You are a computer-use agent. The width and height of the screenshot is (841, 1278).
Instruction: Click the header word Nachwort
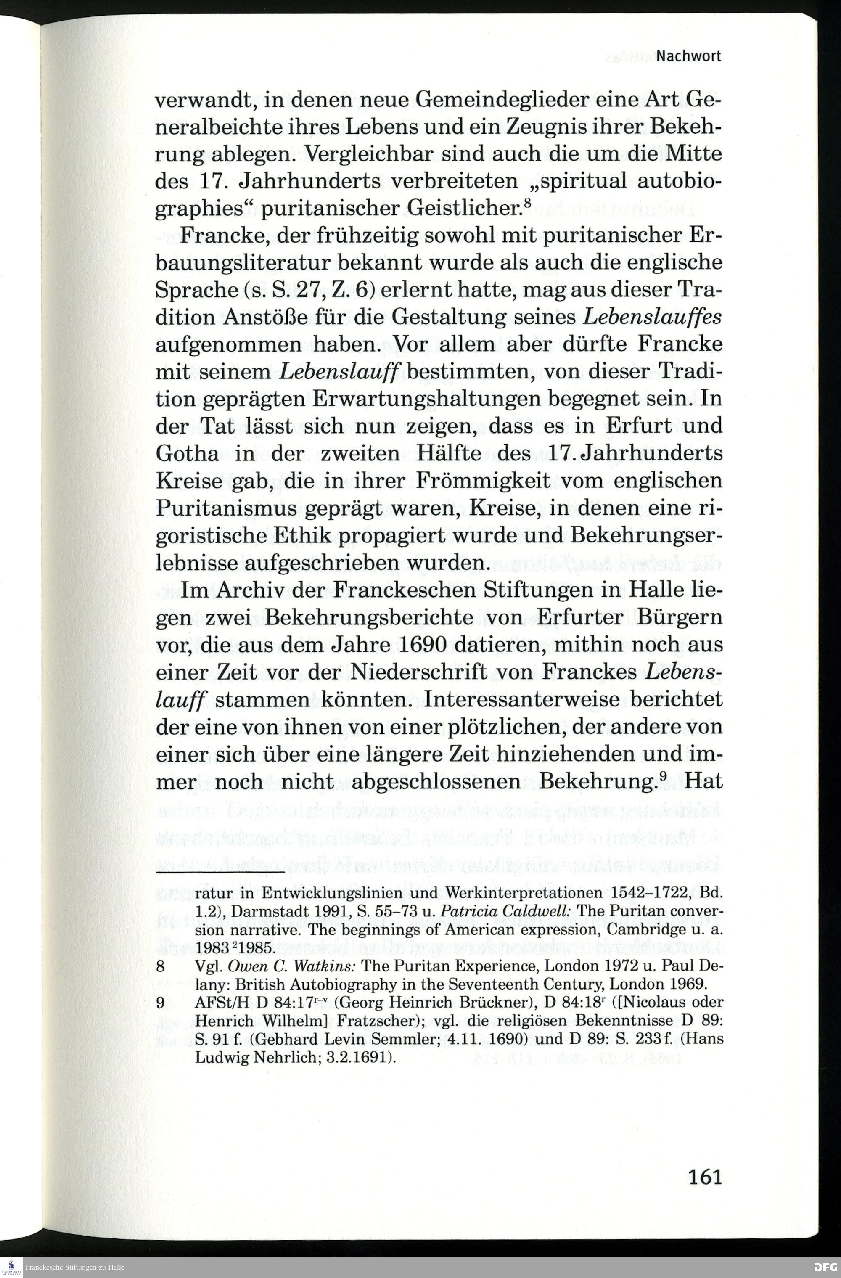688,56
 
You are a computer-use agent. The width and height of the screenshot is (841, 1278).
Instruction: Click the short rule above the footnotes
220,874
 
